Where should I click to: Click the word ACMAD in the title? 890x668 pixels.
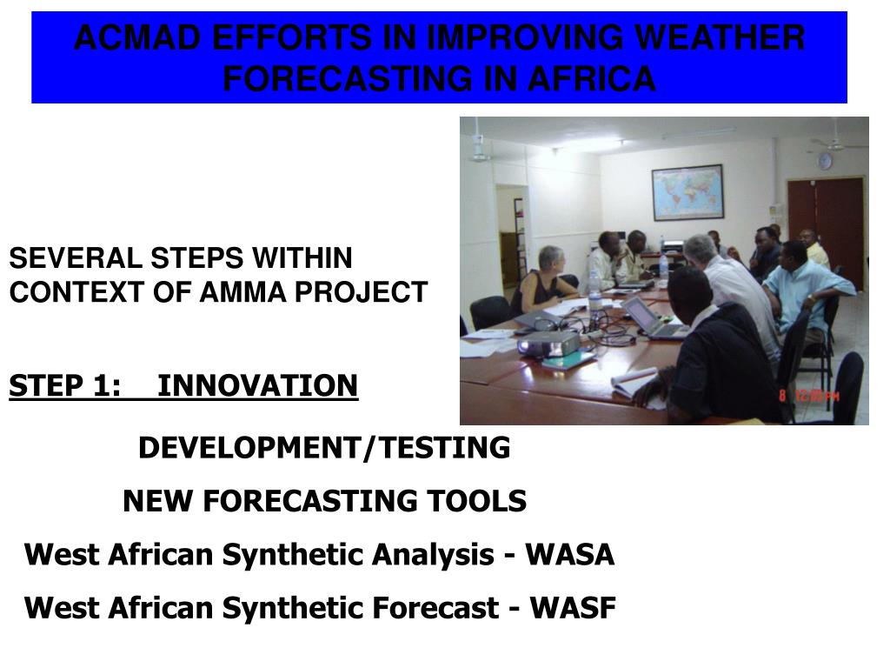(x=138, y=37)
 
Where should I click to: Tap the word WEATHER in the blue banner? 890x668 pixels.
(x=719, y=37)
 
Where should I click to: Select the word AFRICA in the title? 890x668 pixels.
(x=592, y=78)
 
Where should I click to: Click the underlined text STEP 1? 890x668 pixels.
(x=65, y=385)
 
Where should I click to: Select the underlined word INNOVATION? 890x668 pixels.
(x=257, y=385)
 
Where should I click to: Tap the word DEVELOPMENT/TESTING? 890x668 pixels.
(x=324, y=448)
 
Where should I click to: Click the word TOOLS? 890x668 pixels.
(x=477, y=501)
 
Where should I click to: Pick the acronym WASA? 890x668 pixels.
(x=569, y=554)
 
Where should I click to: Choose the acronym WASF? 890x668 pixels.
(x=573, y=608)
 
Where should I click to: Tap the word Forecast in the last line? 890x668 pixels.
(x=435, y=608)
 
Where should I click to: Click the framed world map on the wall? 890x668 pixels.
(x=688, y=192)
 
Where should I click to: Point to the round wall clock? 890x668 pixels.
(x=824, y=161)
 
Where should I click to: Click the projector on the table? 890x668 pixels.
(x=549, y=344)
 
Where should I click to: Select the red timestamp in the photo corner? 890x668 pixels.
(x=809, y=396)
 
